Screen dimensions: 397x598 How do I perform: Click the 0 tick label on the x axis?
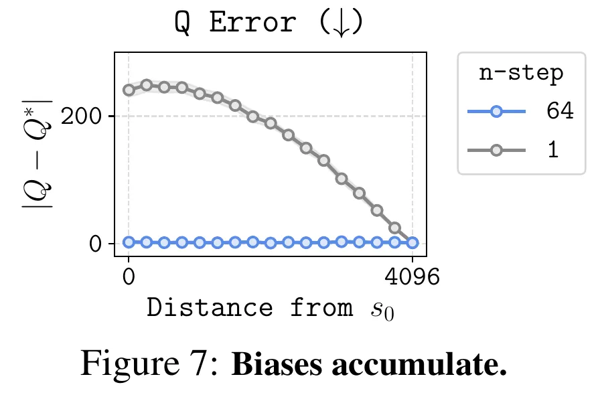tap(128, 276)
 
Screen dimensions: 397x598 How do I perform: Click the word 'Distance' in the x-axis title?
tap(209, 308)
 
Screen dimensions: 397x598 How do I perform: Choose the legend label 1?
tap(553, 150)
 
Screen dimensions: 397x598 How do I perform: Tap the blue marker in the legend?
tap(496, 112)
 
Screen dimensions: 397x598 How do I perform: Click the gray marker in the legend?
tap(496, 150)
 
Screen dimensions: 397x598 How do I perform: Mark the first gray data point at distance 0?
tap(129, 90)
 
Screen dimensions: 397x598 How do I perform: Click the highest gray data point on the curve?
tap(146, 85)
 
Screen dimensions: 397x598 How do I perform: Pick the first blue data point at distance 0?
tap(129, 242)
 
